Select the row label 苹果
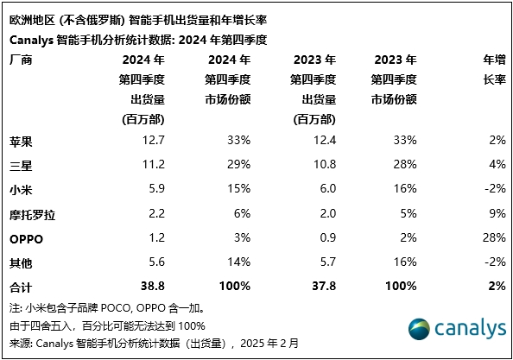(21, 139)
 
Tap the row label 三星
(21, 163)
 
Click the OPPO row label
(26, 237)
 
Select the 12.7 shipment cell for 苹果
(153, 139)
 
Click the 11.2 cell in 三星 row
(153, 163)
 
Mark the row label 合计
(21, 287)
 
